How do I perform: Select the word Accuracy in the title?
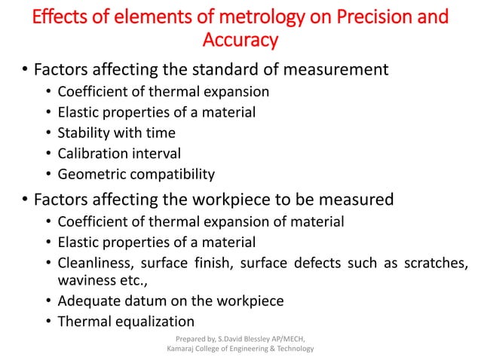(x=240, y=38)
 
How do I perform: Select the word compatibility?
(x=171, y=175)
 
